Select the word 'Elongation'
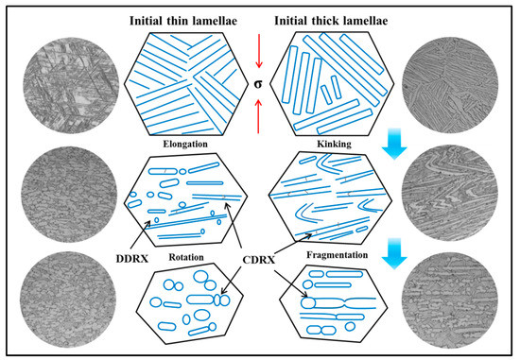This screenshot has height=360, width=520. pyautogui.click(x=189, y=145)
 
